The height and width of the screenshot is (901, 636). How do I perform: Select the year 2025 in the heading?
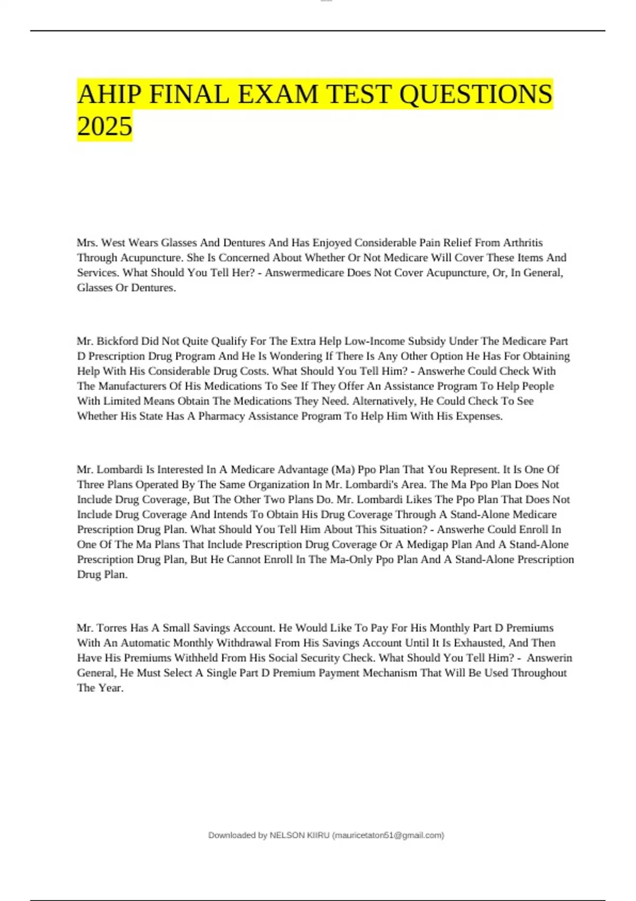coord(104,127)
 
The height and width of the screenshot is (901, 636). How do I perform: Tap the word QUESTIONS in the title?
coord(475,94)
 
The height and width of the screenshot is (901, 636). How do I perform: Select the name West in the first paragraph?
coord(113,243)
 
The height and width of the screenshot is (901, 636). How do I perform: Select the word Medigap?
coord(428,544)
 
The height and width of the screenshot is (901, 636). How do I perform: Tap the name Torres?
coord(112,628)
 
